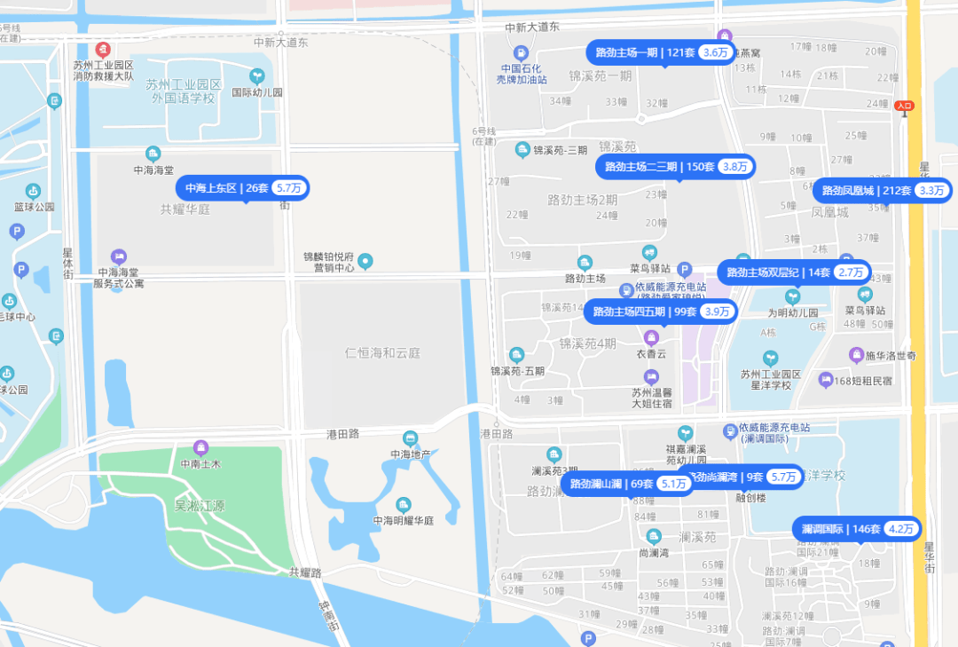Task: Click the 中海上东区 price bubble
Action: click(x=244, y=188)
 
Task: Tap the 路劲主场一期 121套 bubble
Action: click(x=661, y=52)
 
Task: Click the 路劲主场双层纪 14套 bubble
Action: click(x=794, y=272)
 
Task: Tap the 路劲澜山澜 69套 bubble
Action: click(x=626, y=484)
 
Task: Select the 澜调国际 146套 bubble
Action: click(x=857, y=529)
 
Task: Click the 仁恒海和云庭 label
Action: click(x=382, y=353)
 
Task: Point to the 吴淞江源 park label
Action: click(x=200, y=506)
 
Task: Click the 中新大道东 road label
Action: click(x=280, y=42)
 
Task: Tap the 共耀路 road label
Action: click(x=305, y=572)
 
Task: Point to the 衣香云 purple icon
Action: click(x=650, y=337)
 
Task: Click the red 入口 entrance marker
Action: click(x=904, y=106)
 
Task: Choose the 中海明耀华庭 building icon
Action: click(x=403, y=505)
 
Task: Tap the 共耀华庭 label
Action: click(x=185, y=209)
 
